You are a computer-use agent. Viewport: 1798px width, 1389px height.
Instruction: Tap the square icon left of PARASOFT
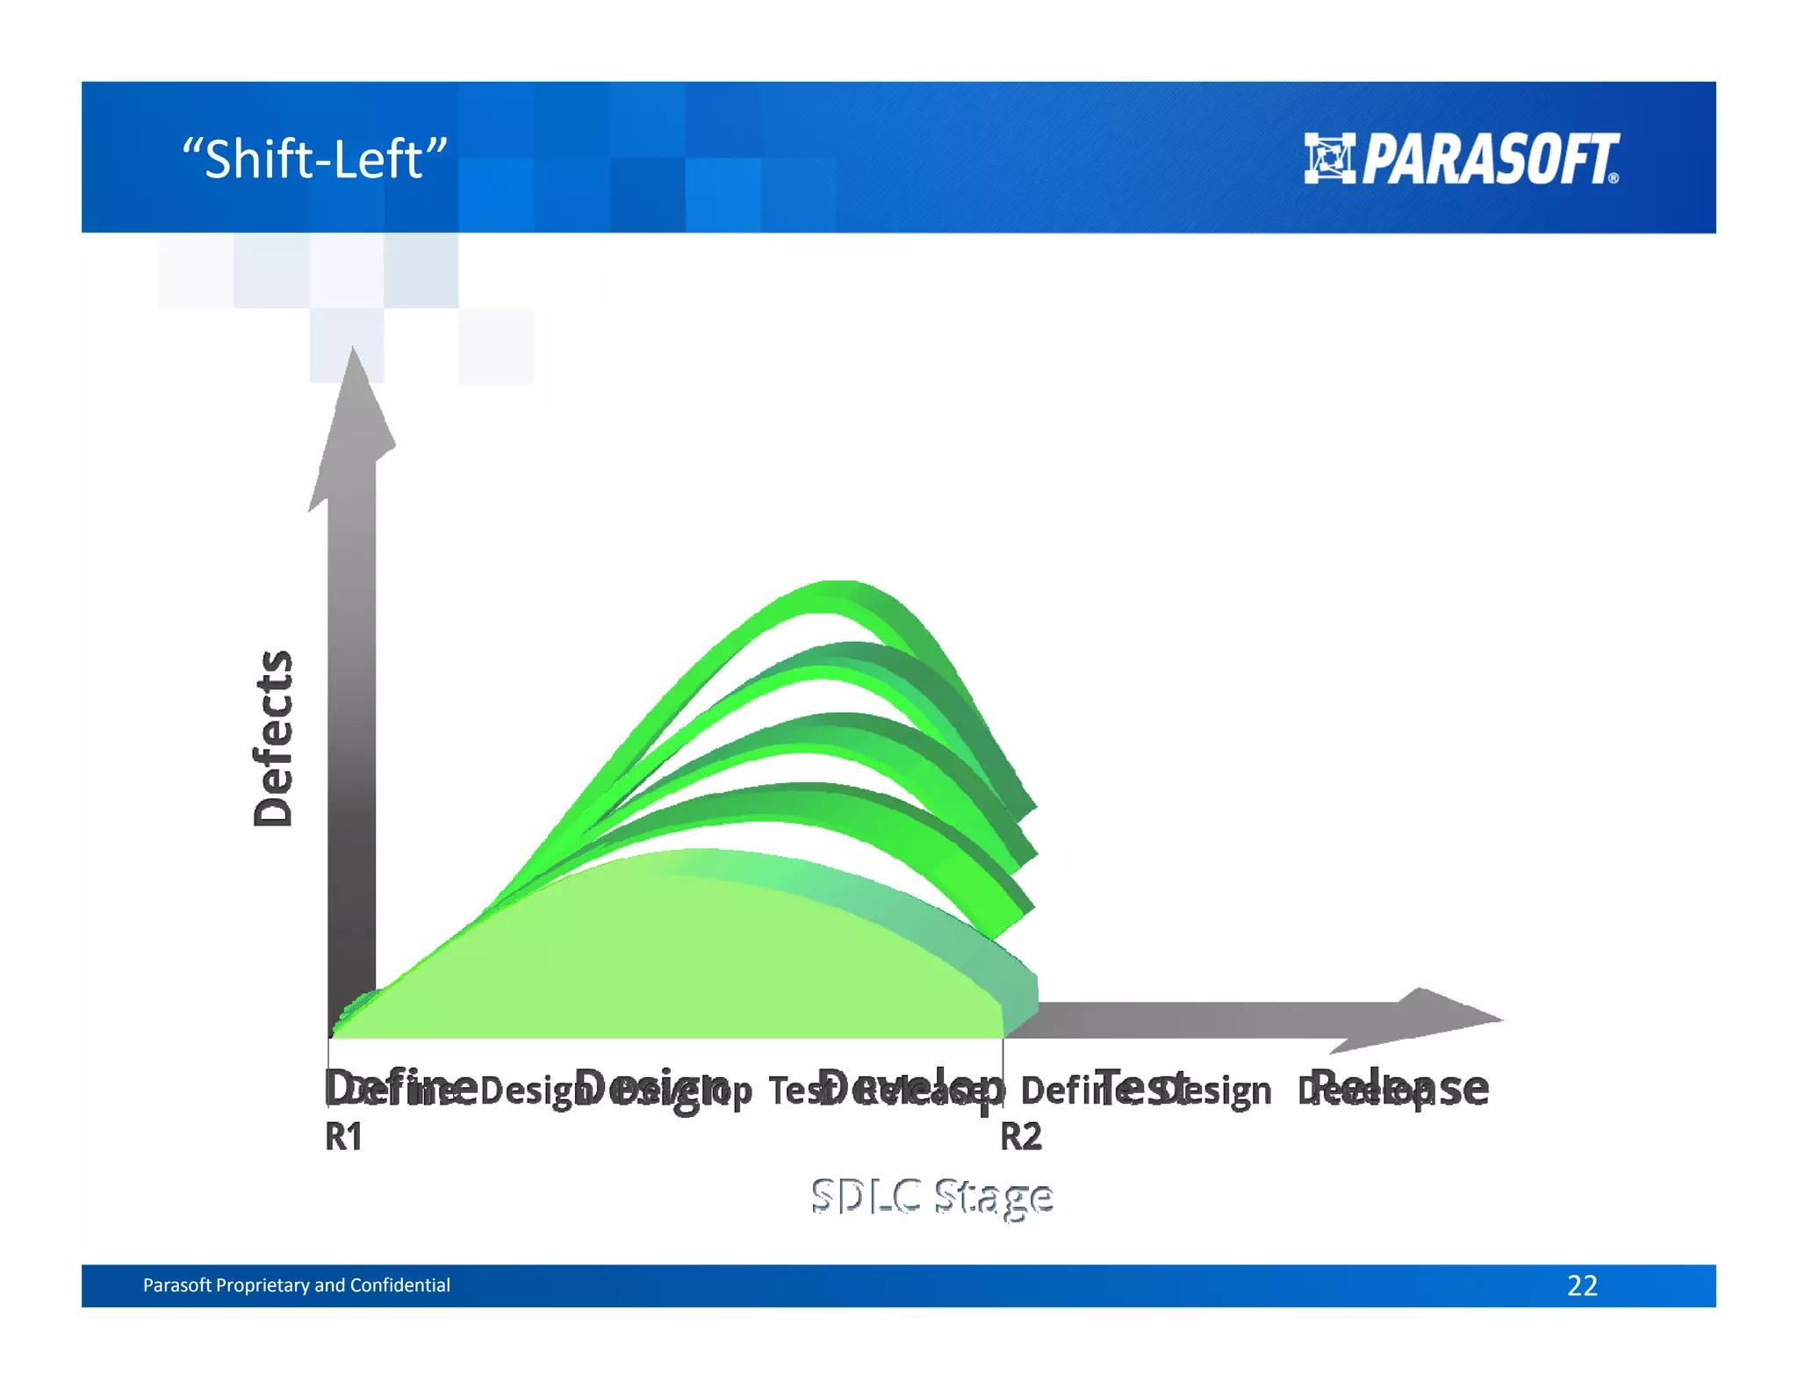[1329, 159]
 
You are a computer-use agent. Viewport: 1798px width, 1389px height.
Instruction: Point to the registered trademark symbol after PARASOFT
[1614, 178]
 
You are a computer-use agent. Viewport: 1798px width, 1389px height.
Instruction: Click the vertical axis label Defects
[273, 738]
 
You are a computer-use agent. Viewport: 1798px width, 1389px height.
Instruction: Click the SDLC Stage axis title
[931, 1197]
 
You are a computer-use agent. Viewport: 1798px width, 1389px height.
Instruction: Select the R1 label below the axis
[343, 1137]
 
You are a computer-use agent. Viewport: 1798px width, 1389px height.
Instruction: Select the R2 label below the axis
[1021, 1137]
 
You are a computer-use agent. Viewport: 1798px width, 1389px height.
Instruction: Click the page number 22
[1582, 1285]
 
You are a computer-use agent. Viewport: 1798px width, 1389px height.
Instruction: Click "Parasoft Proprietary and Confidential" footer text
[296, 1285]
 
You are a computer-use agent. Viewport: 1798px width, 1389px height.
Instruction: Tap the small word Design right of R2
[1226, 1091]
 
